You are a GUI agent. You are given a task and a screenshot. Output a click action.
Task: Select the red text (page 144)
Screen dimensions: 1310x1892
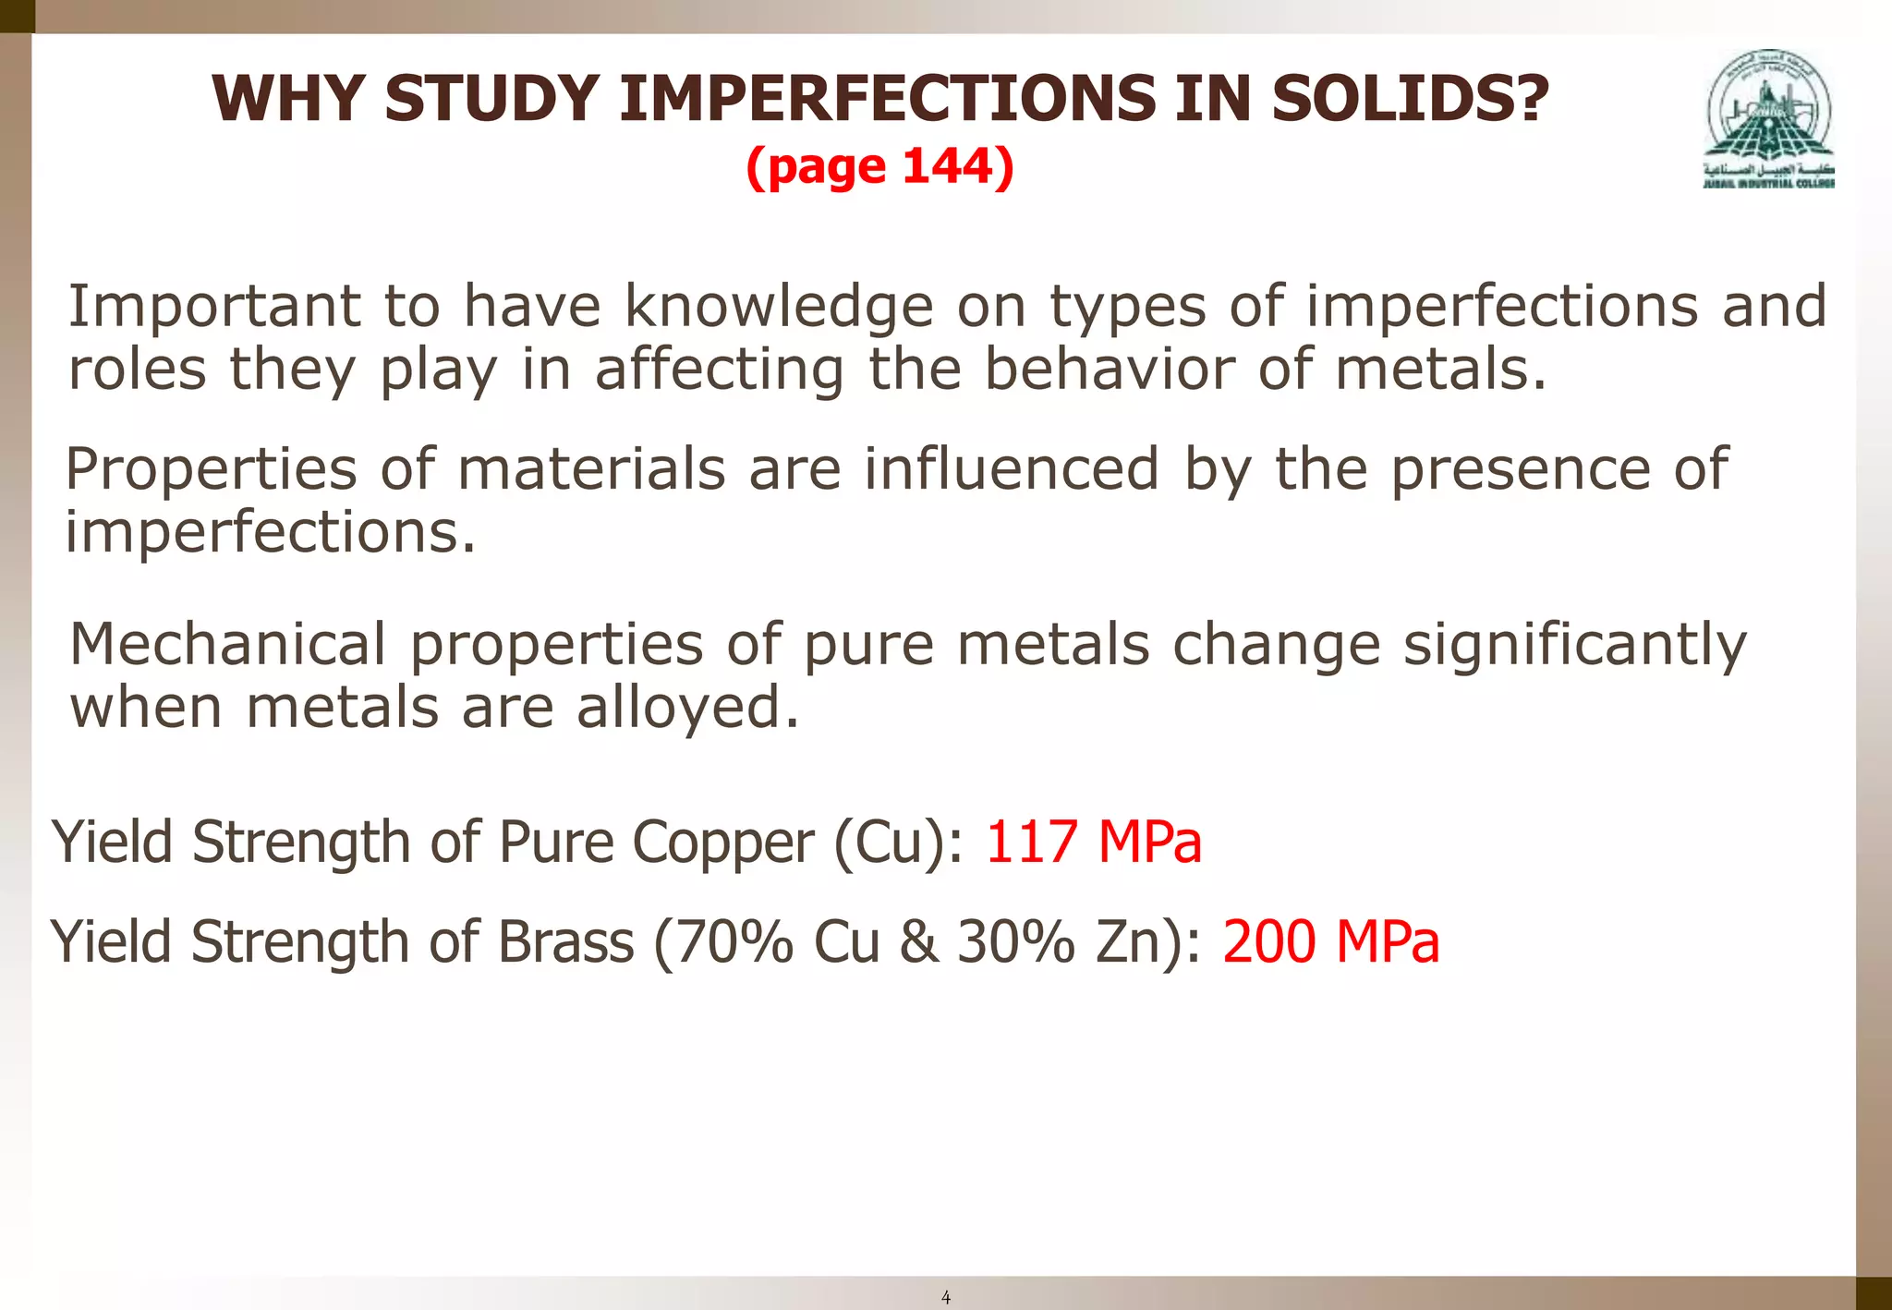pyautogui.click(x=879, y=167)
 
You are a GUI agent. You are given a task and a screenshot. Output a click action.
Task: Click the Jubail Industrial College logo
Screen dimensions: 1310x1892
pyautogui.click(x=1768, y=118)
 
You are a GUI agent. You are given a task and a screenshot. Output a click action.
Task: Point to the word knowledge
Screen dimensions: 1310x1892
pyautogui.click(x=779, y=308)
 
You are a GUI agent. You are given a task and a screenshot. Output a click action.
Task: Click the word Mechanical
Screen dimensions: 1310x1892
pyautogui.click(x=228, y=644)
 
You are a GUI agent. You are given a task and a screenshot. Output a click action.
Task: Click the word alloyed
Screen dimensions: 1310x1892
pyautogui.click(x=687, y=708)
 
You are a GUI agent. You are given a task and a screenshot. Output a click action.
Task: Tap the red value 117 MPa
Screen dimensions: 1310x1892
pyautogui.click(x=1094, y=843)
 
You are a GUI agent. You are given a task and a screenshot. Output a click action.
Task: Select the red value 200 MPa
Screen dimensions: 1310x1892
pyautogui.click(x=1330, y=942)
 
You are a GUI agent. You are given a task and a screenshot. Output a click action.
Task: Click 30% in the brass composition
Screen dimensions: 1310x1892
pyautogui.click(x=1016, y=942)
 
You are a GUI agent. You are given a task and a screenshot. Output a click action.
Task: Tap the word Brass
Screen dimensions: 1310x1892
pyautogui.click(x=566, y=942)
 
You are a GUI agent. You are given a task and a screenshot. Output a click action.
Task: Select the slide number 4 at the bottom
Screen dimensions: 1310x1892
pyautogui.click(x=945, y=1297)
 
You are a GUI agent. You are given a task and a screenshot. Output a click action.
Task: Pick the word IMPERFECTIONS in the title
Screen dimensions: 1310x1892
pyautogui.click(x=887, y=98)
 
